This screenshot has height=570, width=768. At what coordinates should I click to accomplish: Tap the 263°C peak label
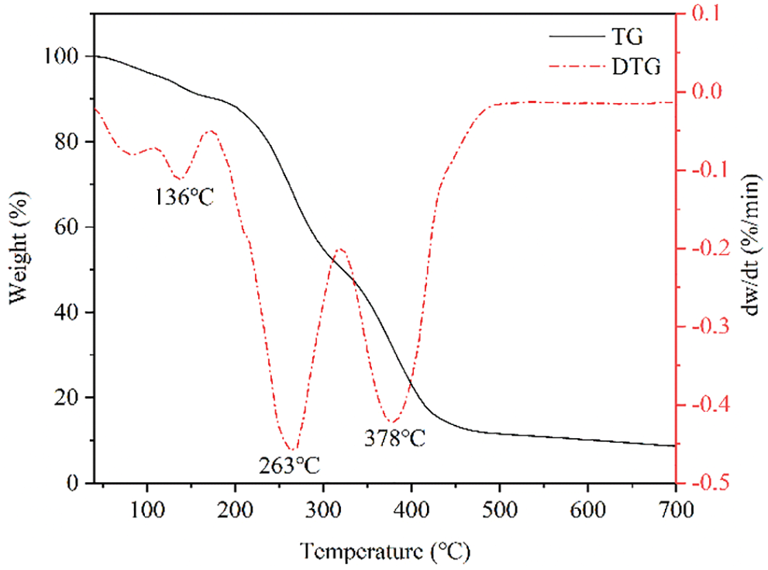point(289,465)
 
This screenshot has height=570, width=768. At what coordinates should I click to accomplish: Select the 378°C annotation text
point(395,438)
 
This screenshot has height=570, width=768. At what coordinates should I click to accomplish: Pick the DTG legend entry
point(635,68)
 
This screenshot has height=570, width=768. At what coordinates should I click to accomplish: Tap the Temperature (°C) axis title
point(384,551)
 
